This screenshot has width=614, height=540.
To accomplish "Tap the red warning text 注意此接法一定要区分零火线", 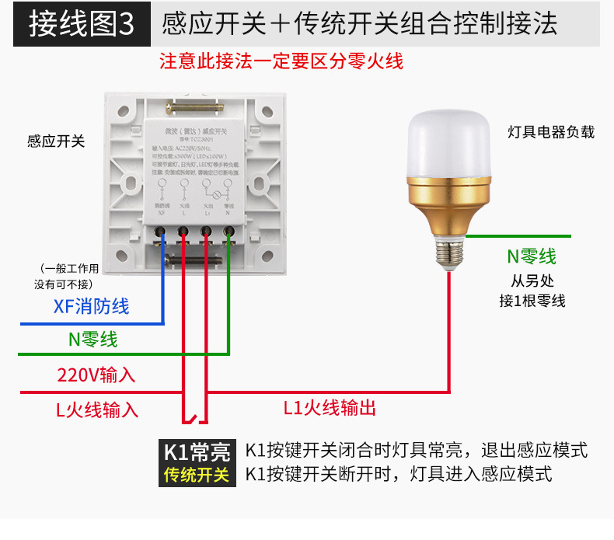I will coord(281,61).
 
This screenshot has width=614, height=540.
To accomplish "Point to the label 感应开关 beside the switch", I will coord(56,141).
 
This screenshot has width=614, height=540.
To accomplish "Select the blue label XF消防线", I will coord(92,306).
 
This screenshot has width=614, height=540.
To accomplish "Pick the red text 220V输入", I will coord(96,375).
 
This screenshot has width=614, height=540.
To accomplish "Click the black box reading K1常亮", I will coord(197,451).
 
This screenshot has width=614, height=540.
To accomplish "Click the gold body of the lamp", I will coord(451,205).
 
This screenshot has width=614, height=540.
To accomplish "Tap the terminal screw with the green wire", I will coord(229,231).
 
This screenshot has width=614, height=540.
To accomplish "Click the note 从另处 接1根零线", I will coord(532,291).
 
